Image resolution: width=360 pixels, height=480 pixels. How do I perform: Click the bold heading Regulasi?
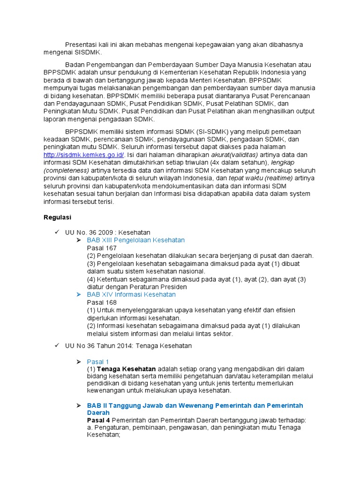tap(57, 217)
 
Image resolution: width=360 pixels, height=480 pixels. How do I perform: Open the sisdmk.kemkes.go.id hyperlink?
tap(84, 155)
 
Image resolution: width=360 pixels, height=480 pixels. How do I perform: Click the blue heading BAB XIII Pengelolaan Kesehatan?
tap(136, 240)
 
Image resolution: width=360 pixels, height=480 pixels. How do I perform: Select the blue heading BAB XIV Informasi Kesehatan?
tap(131, 294)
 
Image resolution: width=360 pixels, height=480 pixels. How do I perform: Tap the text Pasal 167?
tap(102, 248)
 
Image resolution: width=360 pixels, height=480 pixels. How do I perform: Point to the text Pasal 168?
tap(102, 302)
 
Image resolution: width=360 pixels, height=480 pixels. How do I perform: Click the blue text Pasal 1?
tap(98, 361)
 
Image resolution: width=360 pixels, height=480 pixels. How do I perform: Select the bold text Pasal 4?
tap(98, 420)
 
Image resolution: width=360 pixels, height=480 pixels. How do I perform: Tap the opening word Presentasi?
tap(82, 45)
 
